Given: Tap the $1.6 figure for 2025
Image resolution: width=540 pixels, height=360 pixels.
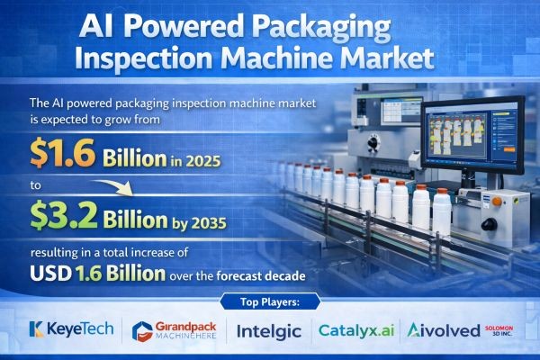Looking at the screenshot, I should click(x=59, y=154).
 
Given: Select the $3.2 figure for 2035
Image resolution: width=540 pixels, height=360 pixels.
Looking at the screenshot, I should click(x=61, y=213).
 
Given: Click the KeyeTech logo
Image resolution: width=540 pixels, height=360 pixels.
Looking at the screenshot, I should click(x=71, y=329).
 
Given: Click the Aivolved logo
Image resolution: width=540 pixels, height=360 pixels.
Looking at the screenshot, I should click(x=443, y=329).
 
